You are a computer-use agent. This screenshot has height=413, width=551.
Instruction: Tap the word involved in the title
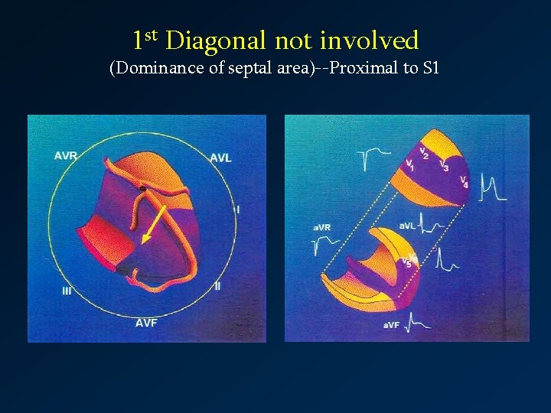[370, 41]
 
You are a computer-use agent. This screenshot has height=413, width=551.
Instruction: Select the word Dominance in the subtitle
[156, 68]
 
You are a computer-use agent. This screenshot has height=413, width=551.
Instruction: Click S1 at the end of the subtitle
[432, 68]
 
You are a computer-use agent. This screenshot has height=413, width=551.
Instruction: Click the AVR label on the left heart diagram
[66, 156]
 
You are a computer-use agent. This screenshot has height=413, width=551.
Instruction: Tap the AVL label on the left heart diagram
[222, 158]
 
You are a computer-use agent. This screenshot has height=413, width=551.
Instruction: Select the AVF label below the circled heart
[147, 323]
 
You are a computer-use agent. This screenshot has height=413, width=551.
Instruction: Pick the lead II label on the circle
[218, 286]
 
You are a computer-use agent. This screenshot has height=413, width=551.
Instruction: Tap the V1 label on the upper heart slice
[410, 164]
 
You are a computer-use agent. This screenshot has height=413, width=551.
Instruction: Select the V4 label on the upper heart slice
[464, 181]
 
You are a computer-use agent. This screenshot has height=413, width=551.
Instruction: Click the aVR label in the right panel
[321, 228]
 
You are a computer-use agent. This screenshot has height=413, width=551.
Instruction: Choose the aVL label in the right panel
[408, 226]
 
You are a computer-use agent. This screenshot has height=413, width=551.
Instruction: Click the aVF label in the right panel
[391, 325]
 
